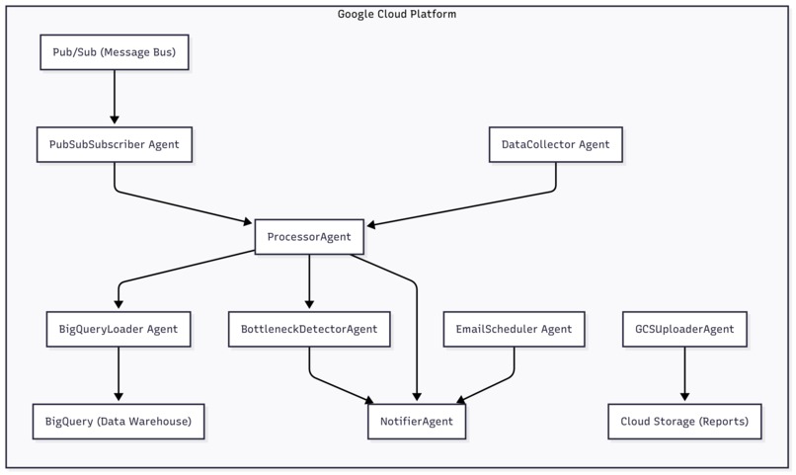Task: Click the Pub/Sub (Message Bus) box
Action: [114, 52]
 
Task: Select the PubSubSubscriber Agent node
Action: [114, 144]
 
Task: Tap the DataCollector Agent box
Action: [555, 144]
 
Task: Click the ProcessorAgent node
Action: [309, 237]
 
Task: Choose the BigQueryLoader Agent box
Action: [119, 329]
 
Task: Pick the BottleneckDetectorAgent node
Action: [309, 329]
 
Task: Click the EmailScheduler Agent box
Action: [514, 329]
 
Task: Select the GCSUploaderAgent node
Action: [684, 329]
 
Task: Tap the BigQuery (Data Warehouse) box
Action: [119, 422]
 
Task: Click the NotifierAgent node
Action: [416, 422]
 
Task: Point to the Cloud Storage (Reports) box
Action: [684, 422]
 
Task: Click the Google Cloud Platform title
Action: [397, 14]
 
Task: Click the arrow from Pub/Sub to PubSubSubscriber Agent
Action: [114, 98]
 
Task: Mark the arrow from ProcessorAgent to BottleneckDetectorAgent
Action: [309, 282]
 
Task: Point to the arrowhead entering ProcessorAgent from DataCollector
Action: [370, 225]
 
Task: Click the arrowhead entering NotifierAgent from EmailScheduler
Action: [461, 400]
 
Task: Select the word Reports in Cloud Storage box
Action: [722, 422]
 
